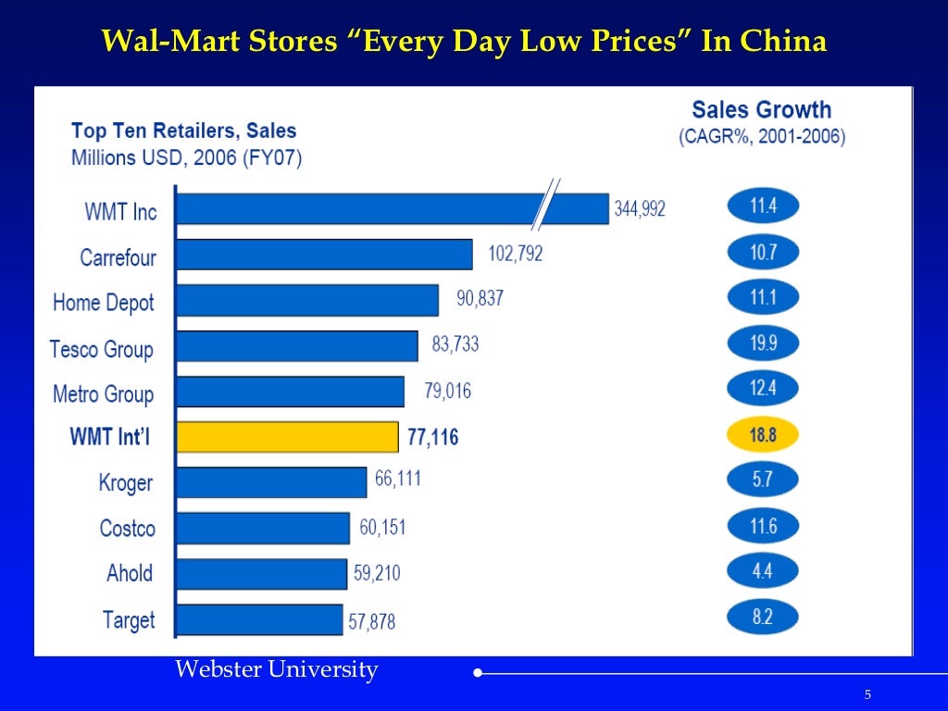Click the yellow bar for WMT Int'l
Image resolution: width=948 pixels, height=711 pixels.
click(287, 436)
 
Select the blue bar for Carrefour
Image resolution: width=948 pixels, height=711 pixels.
click(324, 255)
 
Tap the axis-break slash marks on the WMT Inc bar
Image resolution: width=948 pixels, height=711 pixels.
click(547, 206)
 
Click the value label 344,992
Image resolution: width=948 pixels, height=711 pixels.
click(640, 209)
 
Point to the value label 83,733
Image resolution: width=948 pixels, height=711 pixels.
click(455, 345)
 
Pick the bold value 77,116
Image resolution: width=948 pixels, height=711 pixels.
click(432, 436)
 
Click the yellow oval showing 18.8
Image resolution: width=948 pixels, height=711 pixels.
click(762, 434)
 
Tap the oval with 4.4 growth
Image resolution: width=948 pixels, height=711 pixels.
click(762, 571)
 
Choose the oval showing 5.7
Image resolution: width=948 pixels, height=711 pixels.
click(762, 480)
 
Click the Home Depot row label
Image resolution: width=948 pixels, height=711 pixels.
click(104, 303)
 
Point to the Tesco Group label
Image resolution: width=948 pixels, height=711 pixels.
click(101, 349)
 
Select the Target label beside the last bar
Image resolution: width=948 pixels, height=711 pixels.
click(129, 619)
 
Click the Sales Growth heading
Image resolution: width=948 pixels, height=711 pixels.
click(762, 110)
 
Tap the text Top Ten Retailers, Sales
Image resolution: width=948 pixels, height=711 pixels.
click(183, 131)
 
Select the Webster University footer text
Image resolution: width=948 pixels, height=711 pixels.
click(277, 669)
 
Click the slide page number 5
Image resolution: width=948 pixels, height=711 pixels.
click(867, 695)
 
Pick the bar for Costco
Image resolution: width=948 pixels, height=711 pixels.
click(263, 528)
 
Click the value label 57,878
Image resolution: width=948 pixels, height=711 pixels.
click(371, 621)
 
